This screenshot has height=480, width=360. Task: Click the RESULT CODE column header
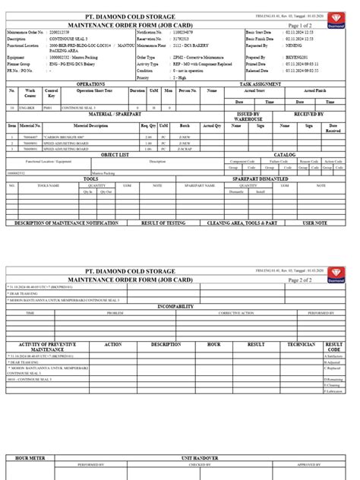tap(335, 346)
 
